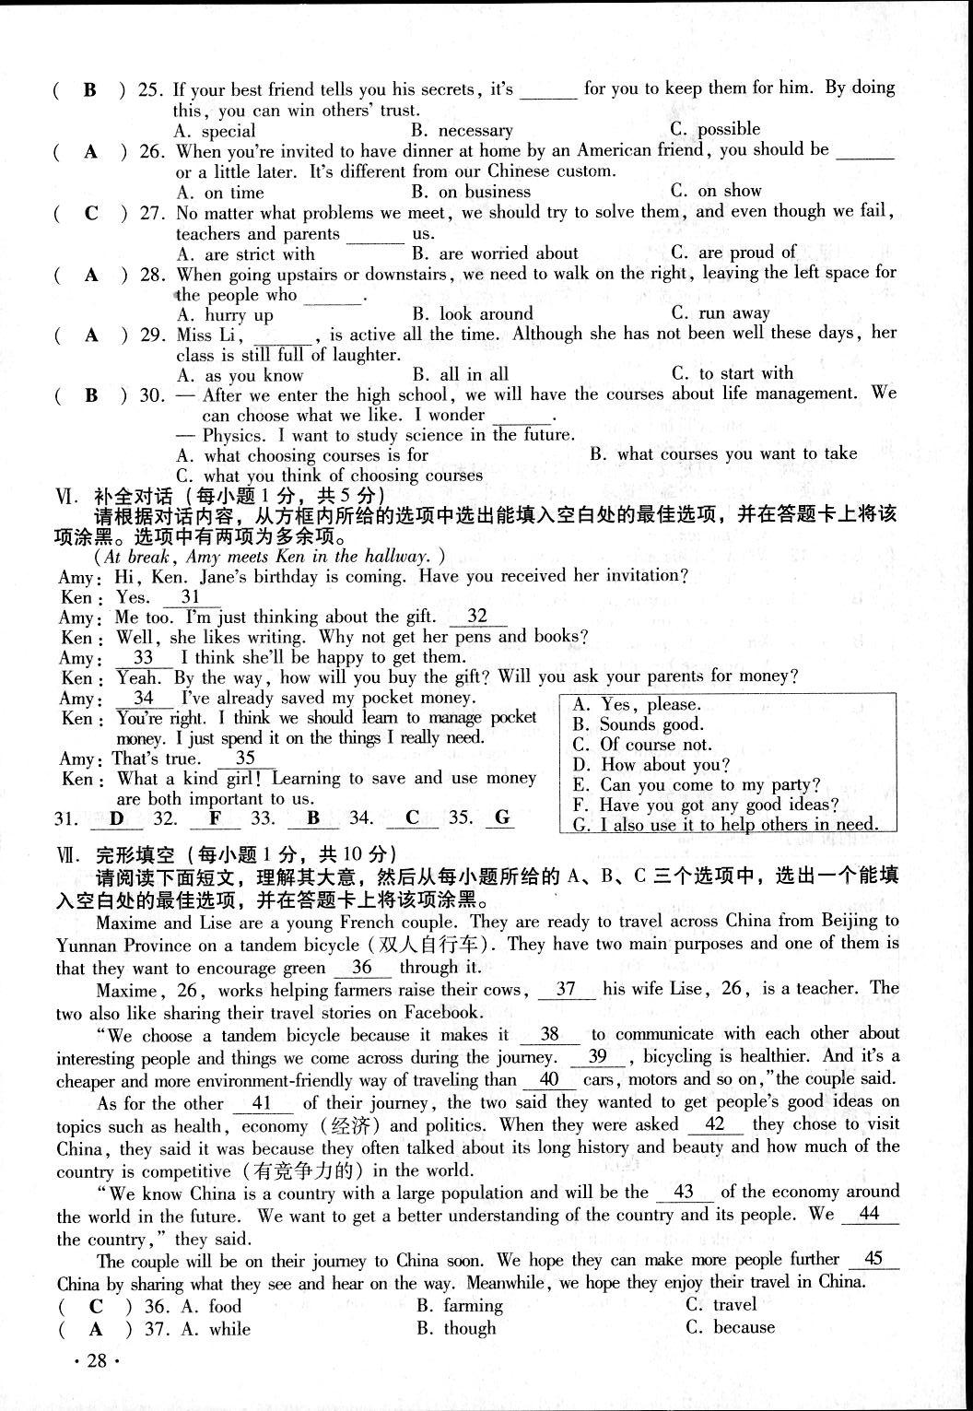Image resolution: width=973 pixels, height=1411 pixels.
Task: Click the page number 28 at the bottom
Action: coord(97,1362)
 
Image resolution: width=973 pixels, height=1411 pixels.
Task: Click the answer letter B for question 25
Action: coord(90,89)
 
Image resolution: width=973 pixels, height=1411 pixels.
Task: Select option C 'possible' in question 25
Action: coord(716,129)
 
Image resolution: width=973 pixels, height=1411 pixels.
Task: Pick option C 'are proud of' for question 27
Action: coord(733,253)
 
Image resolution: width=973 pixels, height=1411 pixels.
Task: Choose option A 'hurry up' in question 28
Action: coord(226,314)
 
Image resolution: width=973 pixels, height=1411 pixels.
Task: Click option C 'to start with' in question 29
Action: coord(732,373)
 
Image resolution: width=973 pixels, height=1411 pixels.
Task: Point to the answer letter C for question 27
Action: coord(90,213)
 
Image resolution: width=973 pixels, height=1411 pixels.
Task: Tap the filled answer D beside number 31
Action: coord(116,817)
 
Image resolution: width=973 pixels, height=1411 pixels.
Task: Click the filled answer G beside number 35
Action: coord(502,817)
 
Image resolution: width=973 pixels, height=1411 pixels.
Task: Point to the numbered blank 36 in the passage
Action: coord(362,967)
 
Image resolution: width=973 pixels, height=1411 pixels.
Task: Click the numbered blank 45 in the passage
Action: coord(874,1259)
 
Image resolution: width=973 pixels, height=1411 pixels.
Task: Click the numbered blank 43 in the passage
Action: coord(683,1192)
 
